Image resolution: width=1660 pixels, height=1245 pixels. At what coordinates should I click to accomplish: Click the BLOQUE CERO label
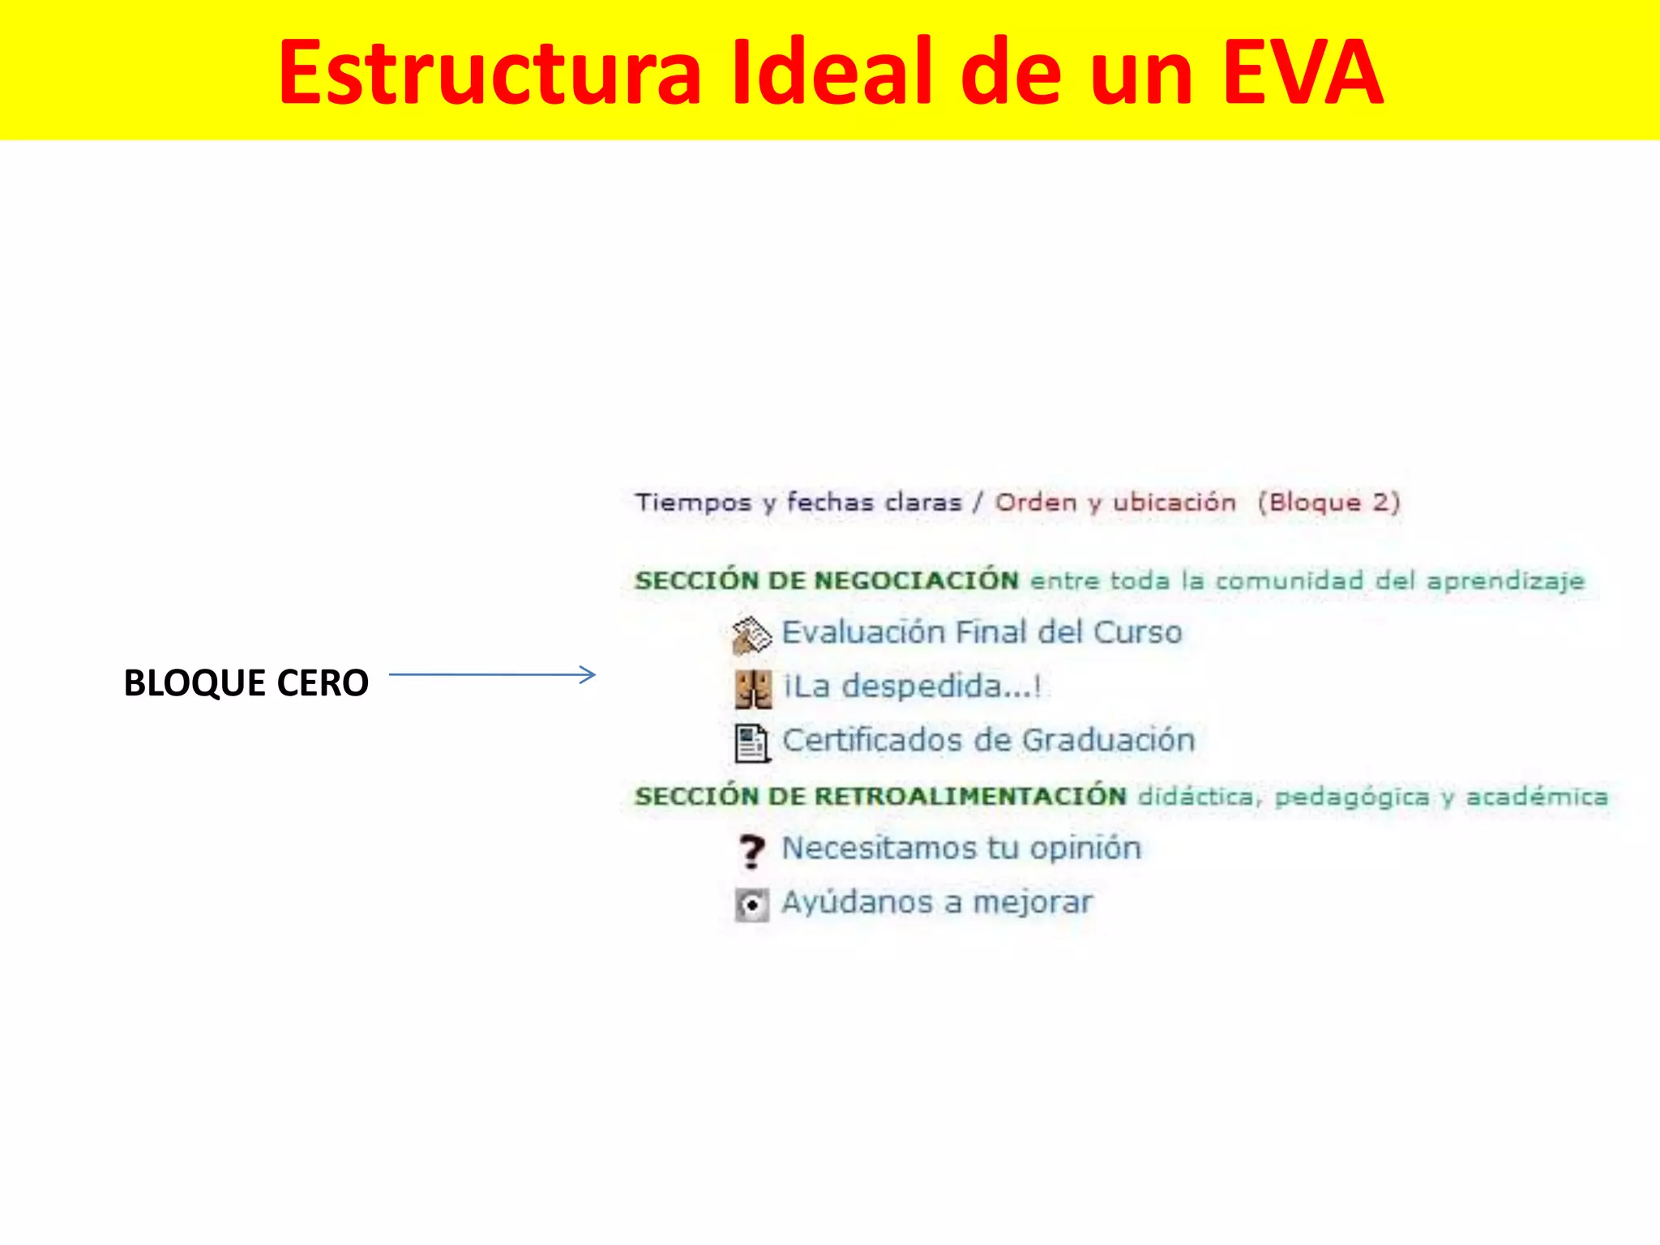[246, 682]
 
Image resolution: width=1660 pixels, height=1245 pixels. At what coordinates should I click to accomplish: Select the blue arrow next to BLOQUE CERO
[492, 674]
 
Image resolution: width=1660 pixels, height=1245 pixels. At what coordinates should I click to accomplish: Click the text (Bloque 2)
[1328, 503]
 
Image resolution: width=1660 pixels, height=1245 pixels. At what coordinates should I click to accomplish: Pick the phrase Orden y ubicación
[1115, 503]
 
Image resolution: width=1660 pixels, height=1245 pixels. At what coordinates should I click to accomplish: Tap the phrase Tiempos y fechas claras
[798, 503]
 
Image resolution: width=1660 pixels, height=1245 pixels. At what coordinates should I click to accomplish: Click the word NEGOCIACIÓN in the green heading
[916, 580]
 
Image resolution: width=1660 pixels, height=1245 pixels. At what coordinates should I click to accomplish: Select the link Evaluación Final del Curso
[982, 632]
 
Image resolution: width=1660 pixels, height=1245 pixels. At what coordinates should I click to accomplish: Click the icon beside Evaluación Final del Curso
[751, 635]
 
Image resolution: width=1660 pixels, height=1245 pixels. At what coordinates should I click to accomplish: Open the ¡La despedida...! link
[912, 687]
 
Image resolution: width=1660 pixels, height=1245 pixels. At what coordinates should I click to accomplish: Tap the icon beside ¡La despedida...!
[752, 689]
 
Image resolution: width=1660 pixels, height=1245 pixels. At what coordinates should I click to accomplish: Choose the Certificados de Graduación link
[988, 740]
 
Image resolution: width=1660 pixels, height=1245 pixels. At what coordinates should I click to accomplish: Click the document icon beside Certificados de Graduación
[751, 743]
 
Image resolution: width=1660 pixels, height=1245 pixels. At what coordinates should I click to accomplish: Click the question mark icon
[751, 851]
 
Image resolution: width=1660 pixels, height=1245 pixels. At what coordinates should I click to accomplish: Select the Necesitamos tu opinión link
[961, 848]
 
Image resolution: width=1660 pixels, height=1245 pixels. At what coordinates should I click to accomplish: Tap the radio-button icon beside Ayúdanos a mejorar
[751, 905]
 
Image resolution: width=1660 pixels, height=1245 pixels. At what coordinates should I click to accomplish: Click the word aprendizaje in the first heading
[1505, 581]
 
